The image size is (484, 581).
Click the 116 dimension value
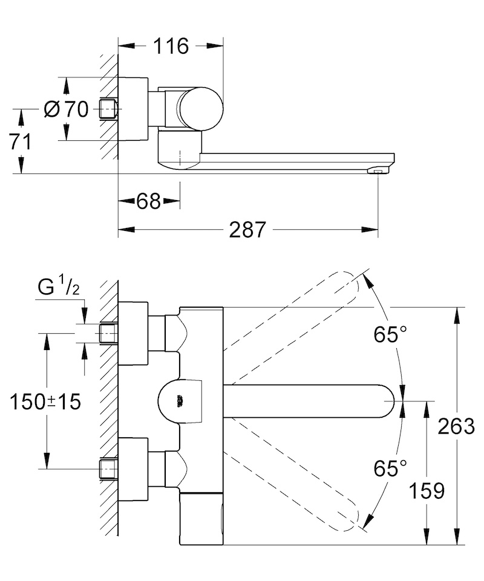[x=171, y=47]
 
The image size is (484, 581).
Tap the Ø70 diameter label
[x=66, y=109]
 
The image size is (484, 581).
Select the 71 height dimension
[x=21, y=142]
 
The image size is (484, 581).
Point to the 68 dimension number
[x=148, y=201]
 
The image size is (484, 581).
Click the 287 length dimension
[x=247, y=230]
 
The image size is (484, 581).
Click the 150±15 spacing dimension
[x=45, y=401]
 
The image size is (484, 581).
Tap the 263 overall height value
[x=456, y=426]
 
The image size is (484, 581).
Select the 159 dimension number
[x=427, y=491]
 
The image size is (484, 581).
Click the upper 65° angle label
[x=390, y=335]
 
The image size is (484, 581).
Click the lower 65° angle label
[x=390, y=469]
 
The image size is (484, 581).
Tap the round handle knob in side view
[x=200, y=109]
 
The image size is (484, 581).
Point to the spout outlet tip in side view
[x=378, y=171]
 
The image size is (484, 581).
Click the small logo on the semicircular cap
[x=180, y=401]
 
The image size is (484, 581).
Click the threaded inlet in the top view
[x=109, y=109]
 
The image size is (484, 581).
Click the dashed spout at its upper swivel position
[x=291, y=328]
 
